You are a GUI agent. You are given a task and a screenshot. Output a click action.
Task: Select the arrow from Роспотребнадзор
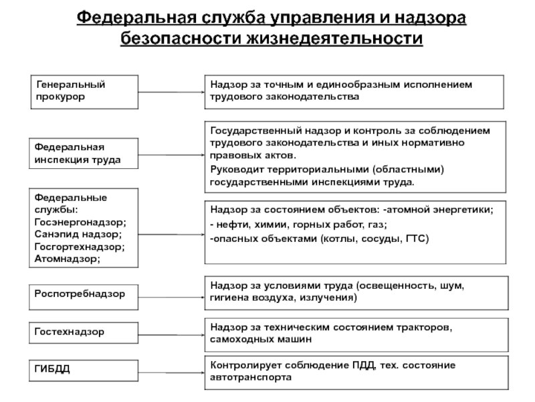171,293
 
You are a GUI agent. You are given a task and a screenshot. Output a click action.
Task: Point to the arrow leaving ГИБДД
171,369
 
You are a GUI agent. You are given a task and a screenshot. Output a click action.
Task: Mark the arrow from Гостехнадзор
171,332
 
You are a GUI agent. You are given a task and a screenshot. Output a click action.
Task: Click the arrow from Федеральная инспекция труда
171,154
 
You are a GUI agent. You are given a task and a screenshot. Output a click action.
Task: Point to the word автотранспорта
251,377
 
